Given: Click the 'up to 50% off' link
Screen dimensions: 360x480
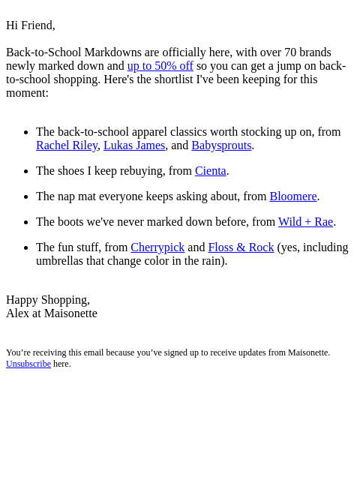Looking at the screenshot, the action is pyautogui.click(x=160, y=66).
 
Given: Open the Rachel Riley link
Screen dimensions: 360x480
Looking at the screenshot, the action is pyautogui.click(x=67, y=145).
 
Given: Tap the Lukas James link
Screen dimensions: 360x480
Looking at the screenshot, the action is pyautogui.click(x=134, y=145).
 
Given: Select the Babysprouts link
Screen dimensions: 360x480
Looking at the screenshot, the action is pyautogui.click(x=221, y=145).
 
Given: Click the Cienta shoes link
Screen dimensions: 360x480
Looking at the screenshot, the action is pyautogui.click(x=211, y=171).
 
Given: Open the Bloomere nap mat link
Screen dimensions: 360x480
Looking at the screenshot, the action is pyautogui.click(x=293, y=196).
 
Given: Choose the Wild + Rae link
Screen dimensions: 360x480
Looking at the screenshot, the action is pyautogui.click(x=305, y=222).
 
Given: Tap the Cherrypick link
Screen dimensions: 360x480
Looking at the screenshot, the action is pyautogui.click(x=157, y=247).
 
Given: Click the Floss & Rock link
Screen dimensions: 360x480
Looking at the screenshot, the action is pyautogui.click(x=241, y=247).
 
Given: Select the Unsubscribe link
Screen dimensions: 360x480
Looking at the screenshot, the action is pyautogui.click(x=28, y=364).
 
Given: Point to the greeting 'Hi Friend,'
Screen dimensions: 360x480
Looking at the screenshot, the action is pyautogui.click(x=31, y=25).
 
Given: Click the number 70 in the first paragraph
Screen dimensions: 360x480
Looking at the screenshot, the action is pyautogui.click(x=290, y=52).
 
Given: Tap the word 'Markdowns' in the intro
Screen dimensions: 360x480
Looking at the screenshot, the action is pyautogui.click(x=112, y=52).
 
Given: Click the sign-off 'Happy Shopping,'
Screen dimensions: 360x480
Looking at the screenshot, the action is pyautogui.click(x=48, y=300).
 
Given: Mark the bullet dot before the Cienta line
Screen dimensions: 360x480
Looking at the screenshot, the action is pyautogui.click(x=26, y=172).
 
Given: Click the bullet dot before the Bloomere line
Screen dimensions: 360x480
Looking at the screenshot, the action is pyautogui.click(x=26, y=197).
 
